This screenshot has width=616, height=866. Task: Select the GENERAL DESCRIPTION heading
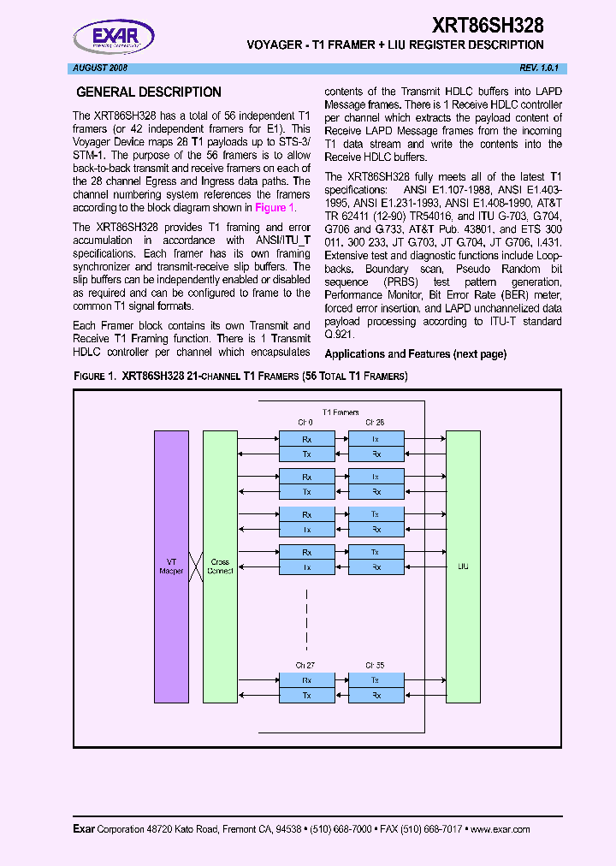(149, 92)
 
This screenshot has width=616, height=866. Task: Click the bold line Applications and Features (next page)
(416, 354)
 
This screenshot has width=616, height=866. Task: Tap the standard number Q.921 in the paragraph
(340, 335)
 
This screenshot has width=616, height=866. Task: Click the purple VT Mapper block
(171, 566)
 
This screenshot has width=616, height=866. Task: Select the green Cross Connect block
(220, 566)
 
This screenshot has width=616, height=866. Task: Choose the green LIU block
(464, 566)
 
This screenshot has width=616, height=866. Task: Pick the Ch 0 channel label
(305, 423)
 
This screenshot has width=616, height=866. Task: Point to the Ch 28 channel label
(375, 423)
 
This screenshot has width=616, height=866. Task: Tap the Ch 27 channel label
(305, 664)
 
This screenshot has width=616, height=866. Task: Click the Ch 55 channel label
(375, 664)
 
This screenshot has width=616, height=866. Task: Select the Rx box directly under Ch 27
(306, 680)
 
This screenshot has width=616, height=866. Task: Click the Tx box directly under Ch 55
(376, 680)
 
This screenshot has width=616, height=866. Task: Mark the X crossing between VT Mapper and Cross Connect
(195, 566)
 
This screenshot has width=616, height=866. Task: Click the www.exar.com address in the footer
(500, 829)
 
